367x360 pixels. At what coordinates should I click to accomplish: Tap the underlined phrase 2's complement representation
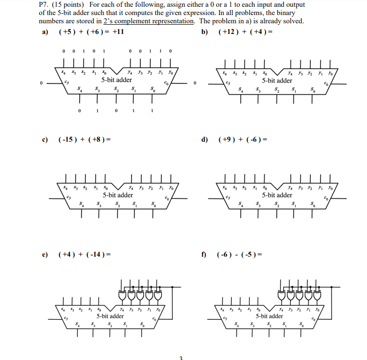point(149,21)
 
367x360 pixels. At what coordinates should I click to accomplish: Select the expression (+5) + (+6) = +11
point(91,32)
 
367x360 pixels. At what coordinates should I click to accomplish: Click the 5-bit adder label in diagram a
point(117,80)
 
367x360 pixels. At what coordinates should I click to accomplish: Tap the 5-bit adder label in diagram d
point(277,195)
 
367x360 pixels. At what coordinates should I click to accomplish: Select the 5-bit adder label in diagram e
point(110,316)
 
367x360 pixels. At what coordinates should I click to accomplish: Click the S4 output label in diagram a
point(80,89)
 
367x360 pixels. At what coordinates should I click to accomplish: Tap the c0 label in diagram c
point(167,198)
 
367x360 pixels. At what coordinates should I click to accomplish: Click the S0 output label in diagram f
point(302,324)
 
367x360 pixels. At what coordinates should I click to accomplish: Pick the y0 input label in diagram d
point(330,188)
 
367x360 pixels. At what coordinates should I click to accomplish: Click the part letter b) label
point(204,32)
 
